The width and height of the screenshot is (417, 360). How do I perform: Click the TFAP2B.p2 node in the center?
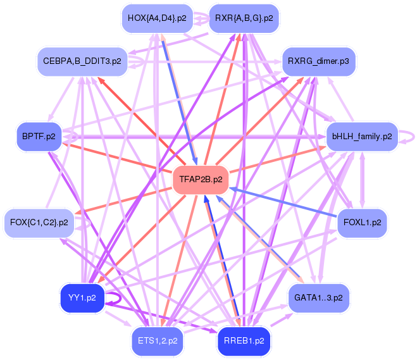point(201,180)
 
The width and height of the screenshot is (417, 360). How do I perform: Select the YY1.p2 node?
point(82,298)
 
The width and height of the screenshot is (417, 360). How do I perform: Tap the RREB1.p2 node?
point(244,341)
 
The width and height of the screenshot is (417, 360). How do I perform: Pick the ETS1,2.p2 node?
point(158,341)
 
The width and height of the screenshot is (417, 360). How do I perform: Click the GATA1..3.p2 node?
point(318,298)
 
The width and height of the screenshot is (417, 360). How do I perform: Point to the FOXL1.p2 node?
point(362,223)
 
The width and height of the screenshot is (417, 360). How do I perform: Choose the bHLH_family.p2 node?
point(362,137)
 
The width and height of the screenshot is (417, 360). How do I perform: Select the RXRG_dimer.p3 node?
point(318,61)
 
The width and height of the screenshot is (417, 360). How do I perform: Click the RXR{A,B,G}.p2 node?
point(244,18)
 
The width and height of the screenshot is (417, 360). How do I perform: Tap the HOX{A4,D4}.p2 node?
point(157,18)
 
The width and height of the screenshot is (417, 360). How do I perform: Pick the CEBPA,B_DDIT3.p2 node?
point(82,61)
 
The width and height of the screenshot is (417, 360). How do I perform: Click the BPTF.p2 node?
point(39,137)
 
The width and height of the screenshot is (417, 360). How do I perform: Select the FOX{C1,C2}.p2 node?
point(39,223)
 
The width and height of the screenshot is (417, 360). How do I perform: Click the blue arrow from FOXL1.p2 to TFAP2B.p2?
point(283,202)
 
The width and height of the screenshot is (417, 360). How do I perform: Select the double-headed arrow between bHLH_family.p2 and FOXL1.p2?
point(362,180)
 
